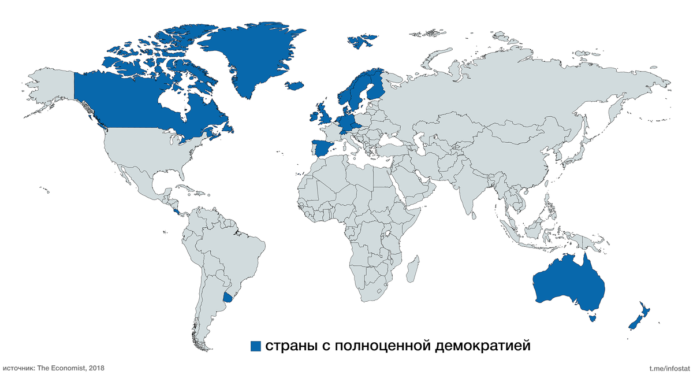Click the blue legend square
pos(256,346)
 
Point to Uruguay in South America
pos(229,298)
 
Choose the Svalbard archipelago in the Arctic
pos(362,41)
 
